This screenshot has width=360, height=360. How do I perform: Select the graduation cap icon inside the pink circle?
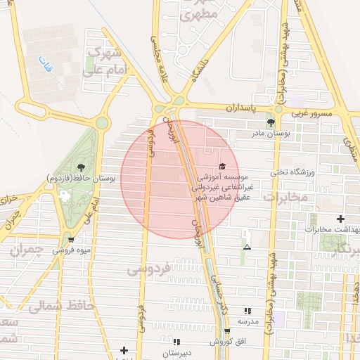223,167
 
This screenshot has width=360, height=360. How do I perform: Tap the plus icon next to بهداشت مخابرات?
341,219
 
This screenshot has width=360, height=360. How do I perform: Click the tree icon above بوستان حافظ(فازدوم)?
82,167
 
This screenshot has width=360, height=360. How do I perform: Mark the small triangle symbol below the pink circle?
247,247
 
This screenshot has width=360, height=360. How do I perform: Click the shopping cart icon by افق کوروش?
226,331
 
